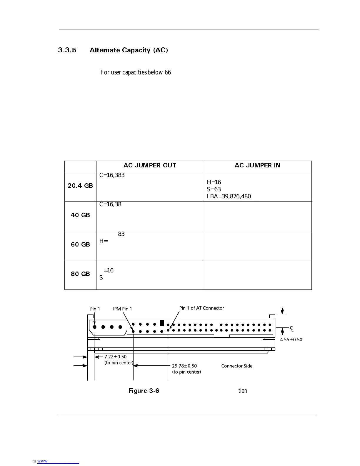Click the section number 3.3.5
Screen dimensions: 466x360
point(67,50)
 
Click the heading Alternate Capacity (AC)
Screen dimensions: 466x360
point(129,50)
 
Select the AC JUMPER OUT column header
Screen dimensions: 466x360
point(150,166)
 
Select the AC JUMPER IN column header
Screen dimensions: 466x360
point(257,166)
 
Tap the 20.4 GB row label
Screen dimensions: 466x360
point(80,186)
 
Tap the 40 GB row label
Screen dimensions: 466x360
point(80,215)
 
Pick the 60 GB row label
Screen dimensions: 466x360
point(80,245)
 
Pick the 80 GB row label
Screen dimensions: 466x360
point(80,274)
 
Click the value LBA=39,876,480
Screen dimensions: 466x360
point(229,197)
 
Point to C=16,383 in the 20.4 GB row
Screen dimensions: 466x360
point(112,175)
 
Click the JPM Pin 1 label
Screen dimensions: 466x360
point(122,309)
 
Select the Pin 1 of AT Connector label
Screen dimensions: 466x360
point(201,308)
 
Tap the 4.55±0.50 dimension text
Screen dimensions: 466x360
point(291,340)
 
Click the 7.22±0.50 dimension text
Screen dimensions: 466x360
point(115,357)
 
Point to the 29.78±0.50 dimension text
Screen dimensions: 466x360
point(184,366)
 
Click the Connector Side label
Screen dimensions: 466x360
point(237,366)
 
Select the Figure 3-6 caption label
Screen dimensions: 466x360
point(144,391)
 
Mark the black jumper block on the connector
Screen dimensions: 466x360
point(162,323)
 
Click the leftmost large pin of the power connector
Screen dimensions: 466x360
point(95,327)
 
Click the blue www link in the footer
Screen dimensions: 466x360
point(42,461)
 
